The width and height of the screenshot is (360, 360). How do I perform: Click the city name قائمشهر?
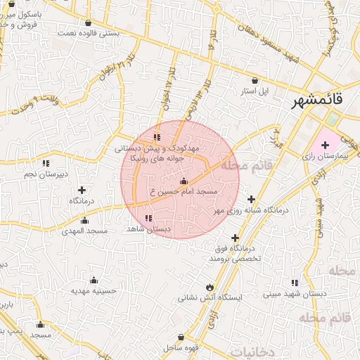[x=318, y=101]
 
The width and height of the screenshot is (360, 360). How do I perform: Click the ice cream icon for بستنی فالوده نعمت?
[x=87, y=22]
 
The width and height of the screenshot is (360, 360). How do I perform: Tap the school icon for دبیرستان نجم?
[x=46, y=164]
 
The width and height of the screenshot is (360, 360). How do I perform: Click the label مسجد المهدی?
[x=84, y=231]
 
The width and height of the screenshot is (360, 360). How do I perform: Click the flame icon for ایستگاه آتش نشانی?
[x=209, y=286]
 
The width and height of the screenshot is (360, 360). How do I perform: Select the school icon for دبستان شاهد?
[x=148, y=219]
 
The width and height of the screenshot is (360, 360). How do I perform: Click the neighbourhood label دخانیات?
[x=252, y=351]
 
